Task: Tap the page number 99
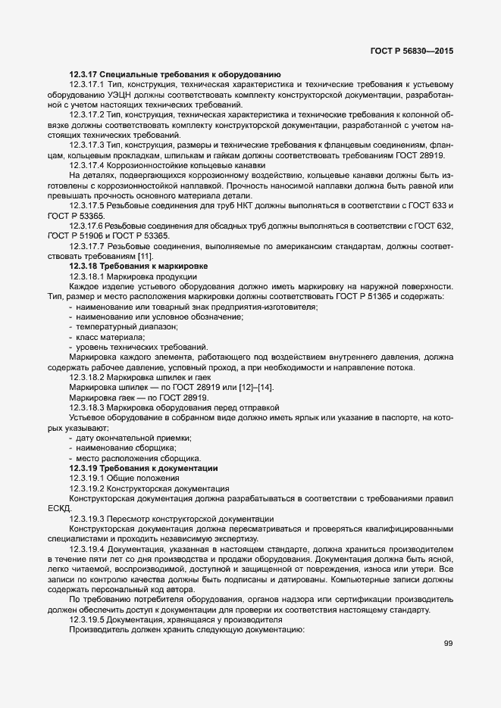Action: pos(448,644)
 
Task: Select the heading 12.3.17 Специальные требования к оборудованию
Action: pos(176,74)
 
